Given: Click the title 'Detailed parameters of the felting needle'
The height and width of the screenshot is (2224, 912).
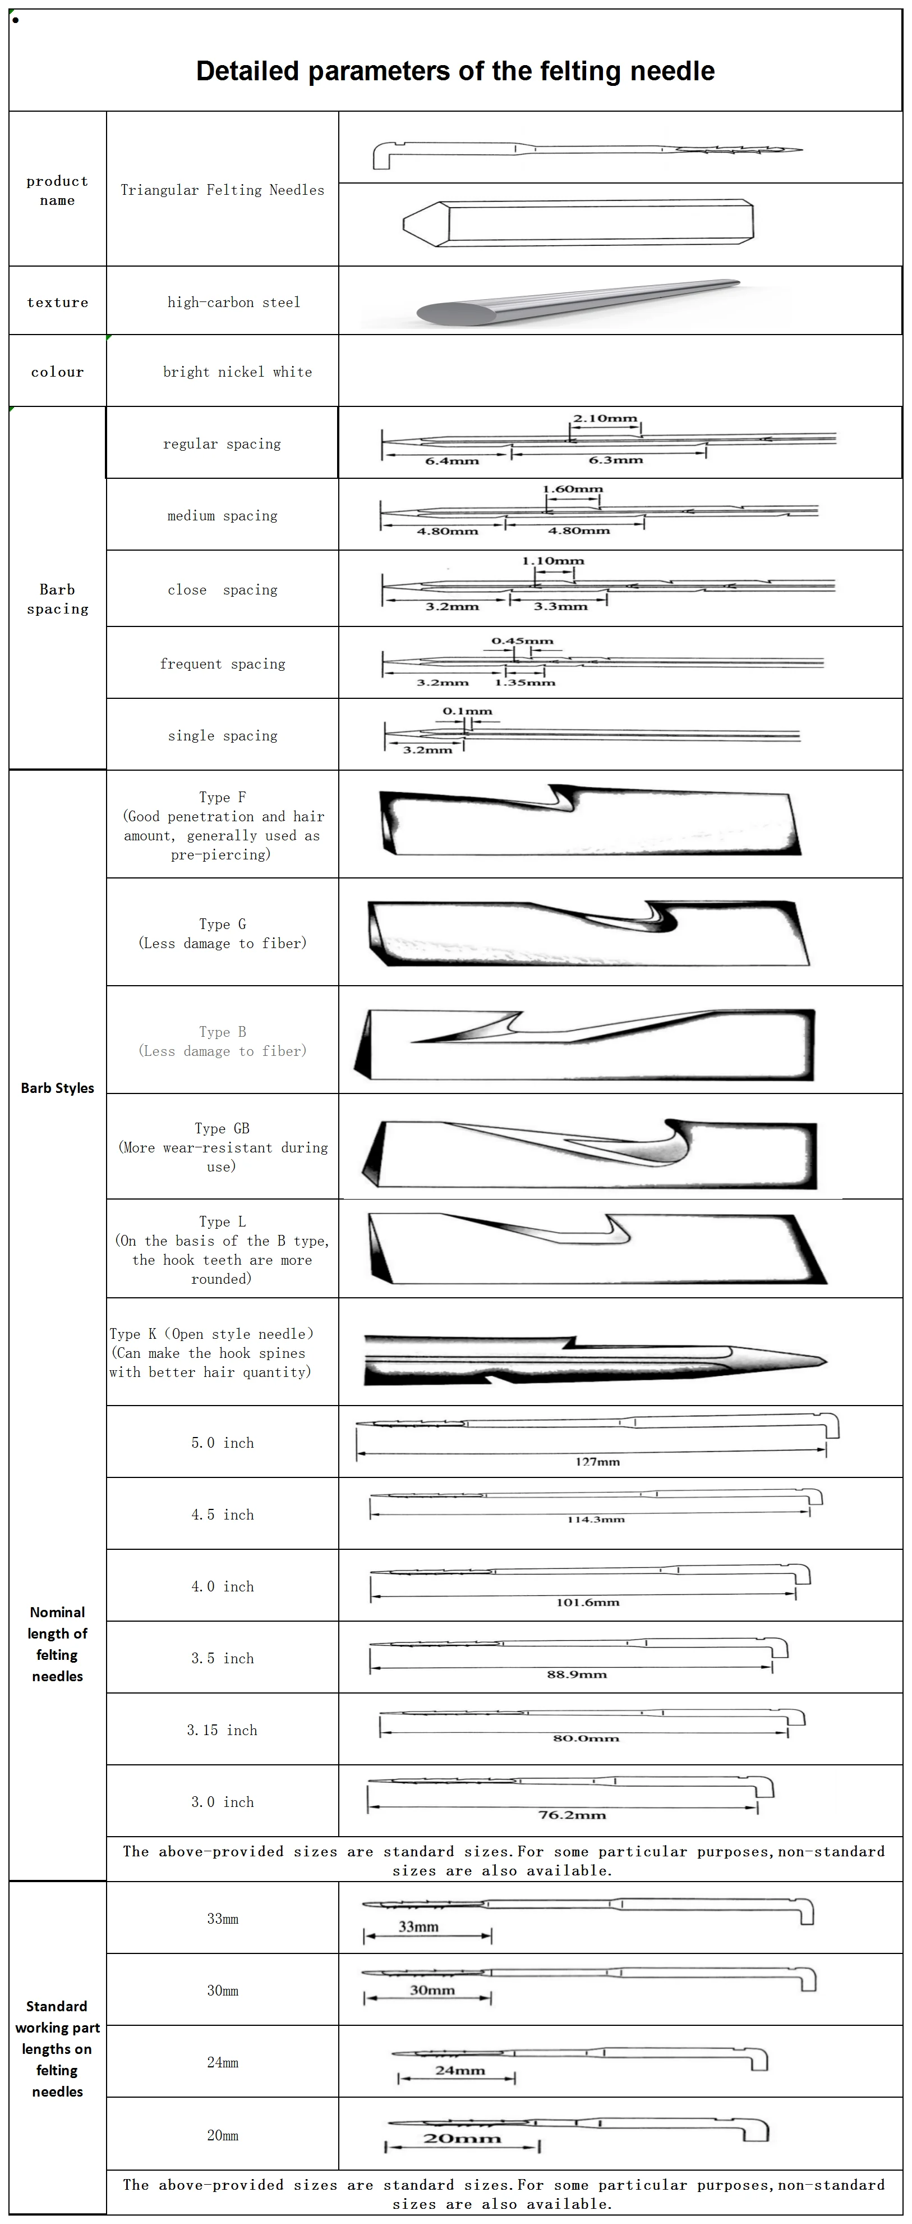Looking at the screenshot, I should [455, 71].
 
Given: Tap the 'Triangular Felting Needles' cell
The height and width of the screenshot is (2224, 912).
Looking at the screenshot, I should [222, 190].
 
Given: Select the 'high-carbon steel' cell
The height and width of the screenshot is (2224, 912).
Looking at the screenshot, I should [233, 302].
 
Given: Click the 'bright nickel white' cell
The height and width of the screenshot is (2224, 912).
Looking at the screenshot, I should [237, 372].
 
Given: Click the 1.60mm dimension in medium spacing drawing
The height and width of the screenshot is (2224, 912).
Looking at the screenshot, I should [572, 489].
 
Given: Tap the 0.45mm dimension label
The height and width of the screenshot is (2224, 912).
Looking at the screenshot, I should [522, 640].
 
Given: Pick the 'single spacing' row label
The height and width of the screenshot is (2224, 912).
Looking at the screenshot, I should [223, 735].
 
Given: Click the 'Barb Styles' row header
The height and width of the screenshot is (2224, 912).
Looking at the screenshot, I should [57, 1088].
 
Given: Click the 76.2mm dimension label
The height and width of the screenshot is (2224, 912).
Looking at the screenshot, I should [572, 1815].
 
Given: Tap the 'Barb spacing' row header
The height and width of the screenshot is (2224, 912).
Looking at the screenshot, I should [57, 599].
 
